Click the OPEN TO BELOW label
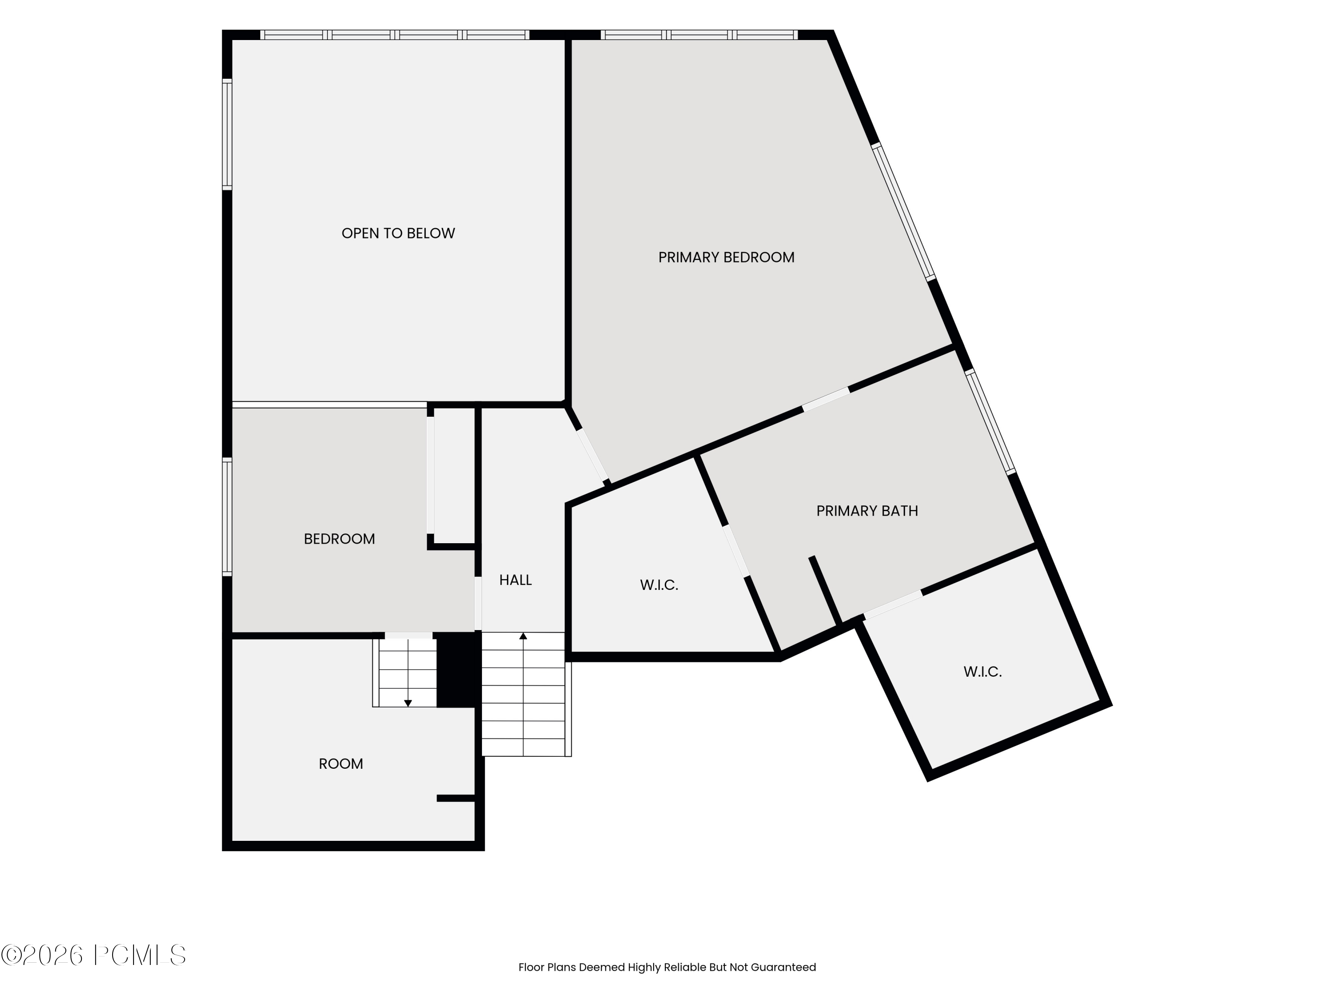tap(398, 234)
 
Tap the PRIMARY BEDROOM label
tap(726, 258)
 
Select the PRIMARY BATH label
tap(867, 511)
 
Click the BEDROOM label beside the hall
tap(339, 539)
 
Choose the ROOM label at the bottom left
tap(341, 764)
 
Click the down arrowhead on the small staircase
tap(408, 703)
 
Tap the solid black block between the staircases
tap(458, 670)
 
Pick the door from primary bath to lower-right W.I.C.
tap(893, 605)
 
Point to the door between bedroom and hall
tap(478, 603)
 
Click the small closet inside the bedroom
tap(454, 476)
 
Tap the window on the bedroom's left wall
tap(227, 516)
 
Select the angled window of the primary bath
tap(991, 422)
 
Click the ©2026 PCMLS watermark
tap(93, 955)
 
